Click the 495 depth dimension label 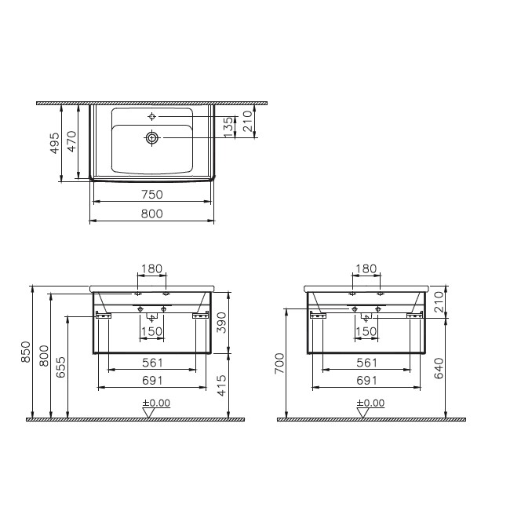[x=55, y=143]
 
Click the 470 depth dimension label [x=71, y=141]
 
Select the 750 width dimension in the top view [x=152, y=195]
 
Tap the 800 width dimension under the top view [x=152, y=214]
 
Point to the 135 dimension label [x=229, y=127]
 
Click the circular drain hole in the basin [x=151, y=138]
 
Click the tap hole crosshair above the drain [x=151, y=116]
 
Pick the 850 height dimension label [x=26, y=352]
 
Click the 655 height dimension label [x=61, y=367]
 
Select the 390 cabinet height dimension [x=221, y=323]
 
